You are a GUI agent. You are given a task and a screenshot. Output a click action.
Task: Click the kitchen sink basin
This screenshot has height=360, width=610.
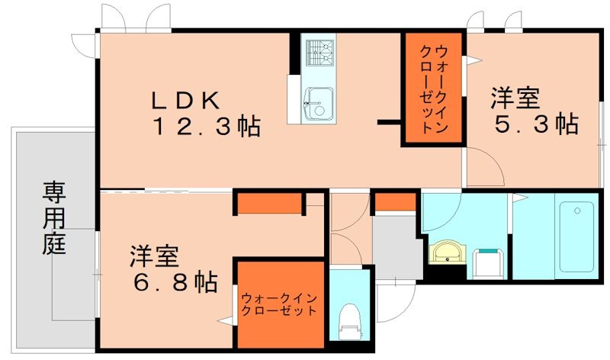[x=317, y=101]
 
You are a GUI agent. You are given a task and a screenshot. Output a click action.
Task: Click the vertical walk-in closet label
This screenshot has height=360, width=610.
[x=432, y=89]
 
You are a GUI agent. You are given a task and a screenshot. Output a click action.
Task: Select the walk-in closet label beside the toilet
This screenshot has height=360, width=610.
[x=278, y=304]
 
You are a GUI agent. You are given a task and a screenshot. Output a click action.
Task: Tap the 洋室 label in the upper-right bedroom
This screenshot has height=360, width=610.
[x=515, y=98]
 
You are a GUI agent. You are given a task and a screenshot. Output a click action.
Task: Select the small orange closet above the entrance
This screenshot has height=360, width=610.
[x=395, y=202]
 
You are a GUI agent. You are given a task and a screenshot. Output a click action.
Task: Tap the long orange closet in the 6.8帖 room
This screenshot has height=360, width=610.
[x=267, y=204]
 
